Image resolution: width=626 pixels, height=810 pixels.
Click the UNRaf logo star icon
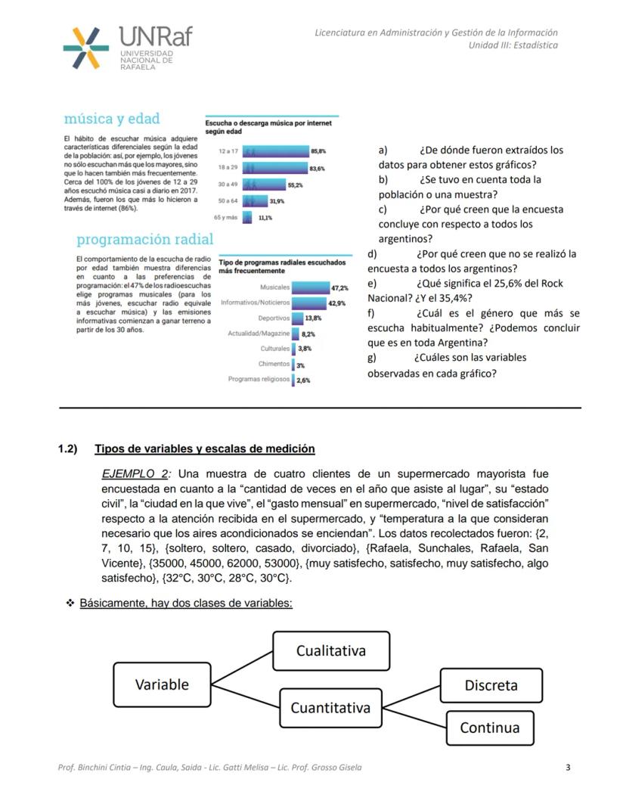[85, 48]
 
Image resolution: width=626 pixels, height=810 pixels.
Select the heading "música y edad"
[112, 119]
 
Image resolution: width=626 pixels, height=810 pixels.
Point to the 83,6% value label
[317, 169]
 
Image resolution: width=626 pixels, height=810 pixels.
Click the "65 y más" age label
[228, 217]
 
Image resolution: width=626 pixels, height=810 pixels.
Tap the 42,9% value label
[336, 303]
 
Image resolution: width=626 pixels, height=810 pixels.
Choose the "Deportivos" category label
[274, 318]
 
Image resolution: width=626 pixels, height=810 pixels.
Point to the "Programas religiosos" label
[259, 379]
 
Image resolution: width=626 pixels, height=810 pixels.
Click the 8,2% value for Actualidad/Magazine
[308, 334]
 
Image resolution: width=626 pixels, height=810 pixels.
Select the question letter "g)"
[373, 358]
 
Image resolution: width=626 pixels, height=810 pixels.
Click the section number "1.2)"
[68, 449]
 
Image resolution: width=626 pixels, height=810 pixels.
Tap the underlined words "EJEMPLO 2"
[135, 474]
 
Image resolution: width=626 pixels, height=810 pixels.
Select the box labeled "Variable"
[162, 684]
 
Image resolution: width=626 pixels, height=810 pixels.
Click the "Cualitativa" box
[331, 651]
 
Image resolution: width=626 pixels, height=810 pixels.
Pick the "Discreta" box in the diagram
[491, 685]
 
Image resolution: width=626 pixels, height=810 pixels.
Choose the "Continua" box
[489, 728]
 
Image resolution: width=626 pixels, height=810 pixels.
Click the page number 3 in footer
[568, 768]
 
